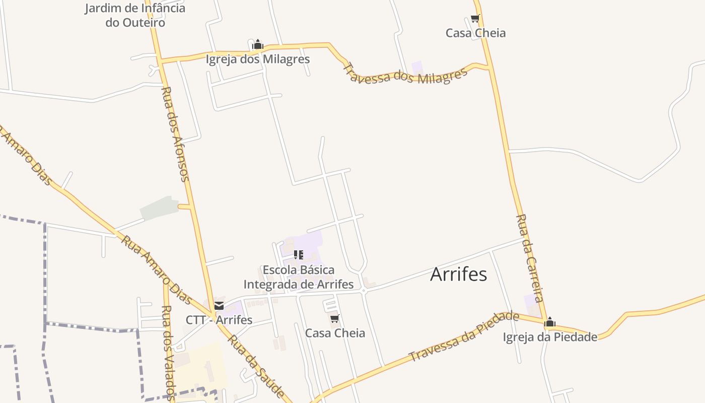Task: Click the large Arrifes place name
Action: tap(458, 275)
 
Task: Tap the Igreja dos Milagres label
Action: tap(257, 59)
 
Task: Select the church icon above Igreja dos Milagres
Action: tap(258, 45)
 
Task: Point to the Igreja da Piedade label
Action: tap(550, 337)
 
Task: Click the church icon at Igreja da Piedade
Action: tap(550, 322)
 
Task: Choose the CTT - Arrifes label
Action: tap(219, 320)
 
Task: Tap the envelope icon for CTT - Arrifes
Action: tap(219, 306)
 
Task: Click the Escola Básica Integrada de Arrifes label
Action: tap(299, 277)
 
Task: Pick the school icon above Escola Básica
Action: tap(299, 255)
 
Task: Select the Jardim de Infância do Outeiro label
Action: tap(135, 15)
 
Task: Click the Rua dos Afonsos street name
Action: tap(175, 134)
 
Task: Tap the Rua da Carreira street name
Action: tap(530, 258)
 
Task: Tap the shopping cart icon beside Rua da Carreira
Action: tap(475, 19)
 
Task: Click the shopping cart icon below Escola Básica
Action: tap(335, 318)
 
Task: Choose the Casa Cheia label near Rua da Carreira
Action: tap(475, 33)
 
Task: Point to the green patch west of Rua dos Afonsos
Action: tap(158, 209)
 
